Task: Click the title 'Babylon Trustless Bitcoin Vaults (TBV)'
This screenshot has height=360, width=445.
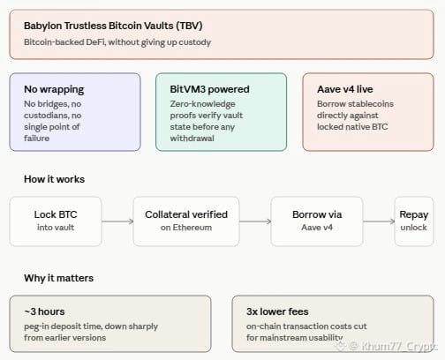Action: (113, 26)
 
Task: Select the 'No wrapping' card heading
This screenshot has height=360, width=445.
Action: (54, 89)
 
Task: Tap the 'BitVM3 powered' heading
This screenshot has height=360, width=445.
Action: (209, 89)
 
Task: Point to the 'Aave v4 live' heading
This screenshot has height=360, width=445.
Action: (345, 89)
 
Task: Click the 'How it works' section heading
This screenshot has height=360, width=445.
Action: (55, 179)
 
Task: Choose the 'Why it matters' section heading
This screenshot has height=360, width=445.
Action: (58, 278)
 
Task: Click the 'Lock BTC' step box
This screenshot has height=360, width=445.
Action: (56, 221)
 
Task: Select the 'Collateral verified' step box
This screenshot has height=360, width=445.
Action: (186, 221)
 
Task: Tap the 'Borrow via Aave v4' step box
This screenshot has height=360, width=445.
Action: (317, 221)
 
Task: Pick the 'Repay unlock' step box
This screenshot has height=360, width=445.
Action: (414, 221)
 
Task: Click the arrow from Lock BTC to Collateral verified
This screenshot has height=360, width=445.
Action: (117, 221)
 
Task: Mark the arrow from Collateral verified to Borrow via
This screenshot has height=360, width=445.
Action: (255, 221)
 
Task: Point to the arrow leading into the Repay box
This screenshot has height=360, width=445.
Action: (379, 221)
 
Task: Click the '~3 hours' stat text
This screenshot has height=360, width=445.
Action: (44, 311)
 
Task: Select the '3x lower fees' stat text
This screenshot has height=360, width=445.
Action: (277, 311)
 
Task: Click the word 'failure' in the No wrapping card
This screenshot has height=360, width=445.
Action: (37, 139)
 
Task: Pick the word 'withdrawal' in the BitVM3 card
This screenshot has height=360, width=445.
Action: (192, 139)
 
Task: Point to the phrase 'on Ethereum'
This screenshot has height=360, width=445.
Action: (186, 228)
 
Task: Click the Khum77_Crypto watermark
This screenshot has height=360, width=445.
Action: (388, 346)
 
